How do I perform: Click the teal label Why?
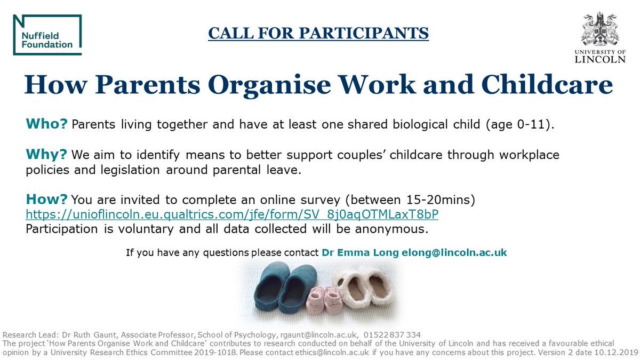(46, 155)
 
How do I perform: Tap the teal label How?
(47, 199)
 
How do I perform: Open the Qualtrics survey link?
(233, 214)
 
